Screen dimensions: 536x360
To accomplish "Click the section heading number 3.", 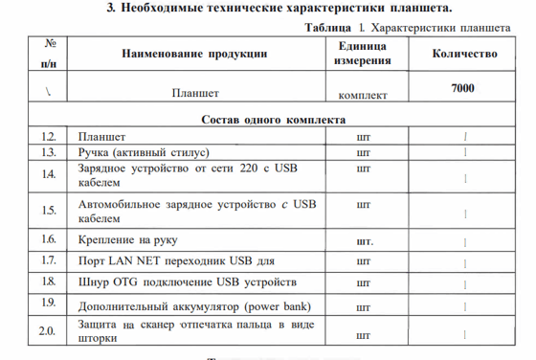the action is click(111, 9).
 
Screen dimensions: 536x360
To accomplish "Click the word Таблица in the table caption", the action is click(324, 28).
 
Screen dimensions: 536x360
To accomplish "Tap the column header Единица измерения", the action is click(362, 54).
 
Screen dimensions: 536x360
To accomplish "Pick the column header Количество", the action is click(465, 54).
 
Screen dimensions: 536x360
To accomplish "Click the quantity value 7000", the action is click(464, 89).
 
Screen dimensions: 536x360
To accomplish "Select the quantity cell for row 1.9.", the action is click(465, 307).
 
